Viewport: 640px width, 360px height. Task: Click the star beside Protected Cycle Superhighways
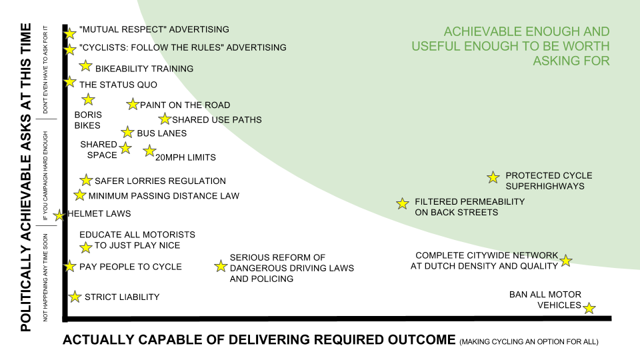tap(493, 177)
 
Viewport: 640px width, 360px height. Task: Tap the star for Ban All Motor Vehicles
tap(589, 308)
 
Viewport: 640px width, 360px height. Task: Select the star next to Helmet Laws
tap(59, 215)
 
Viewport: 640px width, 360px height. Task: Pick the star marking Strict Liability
tap(75, 297)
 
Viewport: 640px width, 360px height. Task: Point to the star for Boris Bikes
tap(88, 100)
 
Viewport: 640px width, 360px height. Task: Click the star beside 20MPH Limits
tap(149, 151)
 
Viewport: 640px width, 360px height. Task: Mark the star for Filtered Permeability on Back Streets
tap(403, 203)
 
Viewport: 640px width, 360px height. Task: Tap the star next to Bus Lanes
tap(127, 133)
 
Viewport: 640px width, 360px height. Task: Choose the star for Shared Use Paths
tap(165, 119)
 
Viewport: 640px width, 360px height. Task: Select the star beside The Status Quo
tap(70, 81)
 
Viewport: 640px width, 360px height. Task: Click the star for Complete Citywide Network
tap(565, 261)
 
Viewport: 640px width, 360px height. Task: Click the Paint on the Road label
tap(185, 105)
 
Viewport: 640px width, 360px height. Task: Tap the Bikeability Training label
tap(144, 69)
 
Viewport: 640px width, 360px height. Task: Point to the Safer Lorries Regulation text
tap(160, 181)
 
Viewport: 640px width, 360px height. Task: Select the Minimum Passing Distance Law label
tap(163, 196)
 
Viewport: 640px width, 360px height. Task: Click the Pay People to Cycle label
tap(131, 267)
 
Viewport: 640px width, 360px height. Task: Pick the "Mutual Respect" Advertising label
tap(154, 29)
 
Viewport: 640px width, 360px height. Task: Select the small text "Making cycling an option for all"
tap(529, 342)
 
